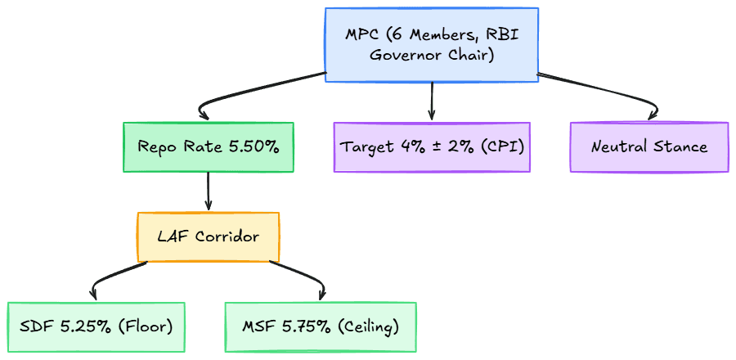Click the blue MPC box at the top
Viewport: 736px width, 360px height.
(431, 44)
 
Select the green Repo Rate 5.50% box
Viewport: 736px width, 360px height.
(209, 147)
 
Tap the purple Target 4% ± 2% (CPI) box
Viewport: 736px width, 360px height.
(432, 147)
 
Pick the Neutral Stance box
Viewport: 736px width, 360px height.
(649, 147)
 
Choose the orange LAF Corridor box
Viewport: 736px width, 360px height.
(209, 236)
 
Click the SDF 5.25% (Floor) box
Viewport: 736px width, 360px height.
(96, 326)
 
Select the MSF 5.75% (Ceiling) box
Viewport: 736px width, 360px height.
(321, 326)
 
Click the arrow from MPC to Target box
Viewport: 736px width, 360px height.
(431, 101)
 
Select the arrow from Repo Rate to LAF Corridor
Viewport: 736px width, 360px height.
(208, 191)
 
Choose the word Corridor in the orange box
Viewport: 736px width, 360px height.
(227, 236)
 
